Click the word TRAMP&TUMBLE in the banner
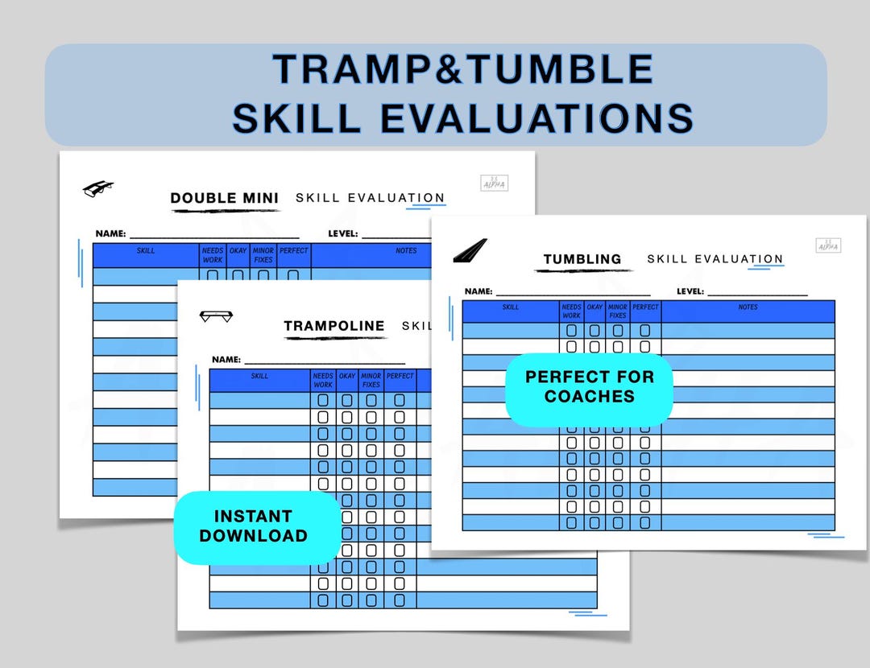coord(462,69)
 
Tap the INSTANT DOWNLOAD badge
coord(254,526)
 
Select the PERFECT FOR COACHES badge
coord(590,386)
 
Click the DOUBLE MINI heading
coord(225,198)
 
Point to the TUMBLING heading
coord(582,259)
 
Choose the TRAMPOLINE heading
coord(334,326)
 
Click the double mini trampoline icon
coord(97,188)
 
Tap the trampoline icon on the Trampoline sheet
coord(216,316)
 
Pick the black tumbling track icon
coord(470,250)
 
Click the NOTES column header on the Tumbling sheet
coord(748,307)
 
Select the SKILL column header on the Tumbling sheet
coord(511,307)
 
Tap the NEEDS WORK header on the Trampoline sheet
coord(323,380)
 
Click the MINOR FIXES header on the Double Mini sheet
coord(263,255)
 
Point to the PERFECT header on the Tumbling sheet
coord(645,307)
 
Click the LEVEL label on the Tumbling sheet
coord(690,291)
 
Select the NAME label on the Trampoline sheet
coord(226,360)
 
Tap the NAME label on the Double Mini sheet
coord(110,233)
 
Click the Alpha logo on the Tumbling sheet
coord(828,245)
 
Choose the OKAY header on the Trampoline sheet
coord(347,376)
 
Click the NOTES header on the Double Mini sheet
coord(406,250)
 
